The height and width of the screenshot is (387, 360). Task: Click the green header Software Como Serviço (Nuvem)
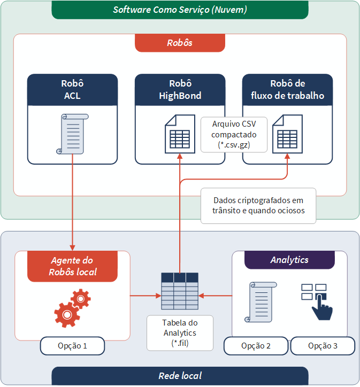click(x=180, y=10)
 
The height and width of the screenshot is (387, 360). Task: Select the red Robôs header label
click(x=180, y=43)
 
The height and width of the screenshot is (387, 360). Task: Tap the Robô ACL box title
click(x=72, y=90)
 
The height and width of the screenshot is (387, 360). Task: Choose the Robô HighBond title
click(x=180, y=90)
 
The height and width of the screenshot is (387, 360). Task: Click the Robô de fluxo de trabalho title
click(x=287, y=90)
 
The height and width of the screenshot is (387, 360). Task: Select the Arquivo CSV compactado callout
click(x=234, y=134)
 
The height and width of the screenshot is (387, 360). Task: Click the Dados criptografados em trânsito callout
click(x=258, y=205)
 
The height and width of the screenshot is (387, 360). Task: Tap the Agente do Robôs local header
click(x=72, y=266)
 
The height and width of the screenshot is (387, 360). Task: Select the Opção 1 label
click(x=72, y=346)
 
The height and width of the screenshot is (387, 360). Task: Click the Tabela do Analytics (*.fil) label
click(x=180, y=333)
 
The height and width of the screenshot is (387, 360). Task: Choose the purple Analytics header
click(x=289, y=260)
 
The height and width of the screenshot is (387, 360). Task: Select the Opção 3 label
click(x=323, y=346)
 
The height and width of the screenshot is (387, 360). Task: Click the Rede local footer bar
click(x=180, y=376)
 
